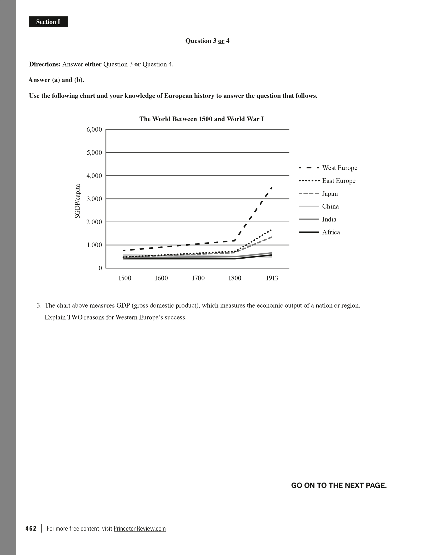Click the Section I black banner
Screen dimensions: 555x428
tap(48, 22)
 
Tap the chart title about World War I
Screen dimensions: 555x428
tap(201, 119)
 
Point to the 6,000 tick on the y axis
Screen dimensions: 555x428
tap(94, 130)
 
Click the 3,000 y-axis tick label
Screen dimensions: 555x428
tap(94, 199)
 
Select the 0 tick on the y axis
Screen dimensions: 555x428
tap(100, 268)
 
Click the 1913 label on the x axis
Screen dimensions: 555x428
tap(272, 278)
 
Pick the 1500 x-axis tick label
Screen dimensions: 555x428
tap(124, 278)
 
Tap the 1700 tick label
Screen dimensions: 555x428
tap(198, 278)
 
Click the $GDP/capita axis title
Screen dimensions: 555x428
tap(78, 201)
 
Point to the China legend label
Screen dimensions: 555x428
tap(330, 206)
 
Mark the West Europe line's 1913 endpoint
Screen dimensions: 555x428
tap(272, 187)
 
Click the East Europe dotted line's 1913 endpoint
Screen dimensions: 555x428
tap(271, 230)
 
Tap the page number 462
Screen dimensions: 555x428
tap(31, 528)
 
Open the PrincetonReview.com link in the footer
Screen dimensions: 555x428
tap(140, 528)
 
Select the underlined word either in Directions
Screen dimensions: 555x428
tap(93, 64)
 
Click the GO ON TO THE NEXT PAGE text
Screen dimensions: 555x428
tap(339, 485)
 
